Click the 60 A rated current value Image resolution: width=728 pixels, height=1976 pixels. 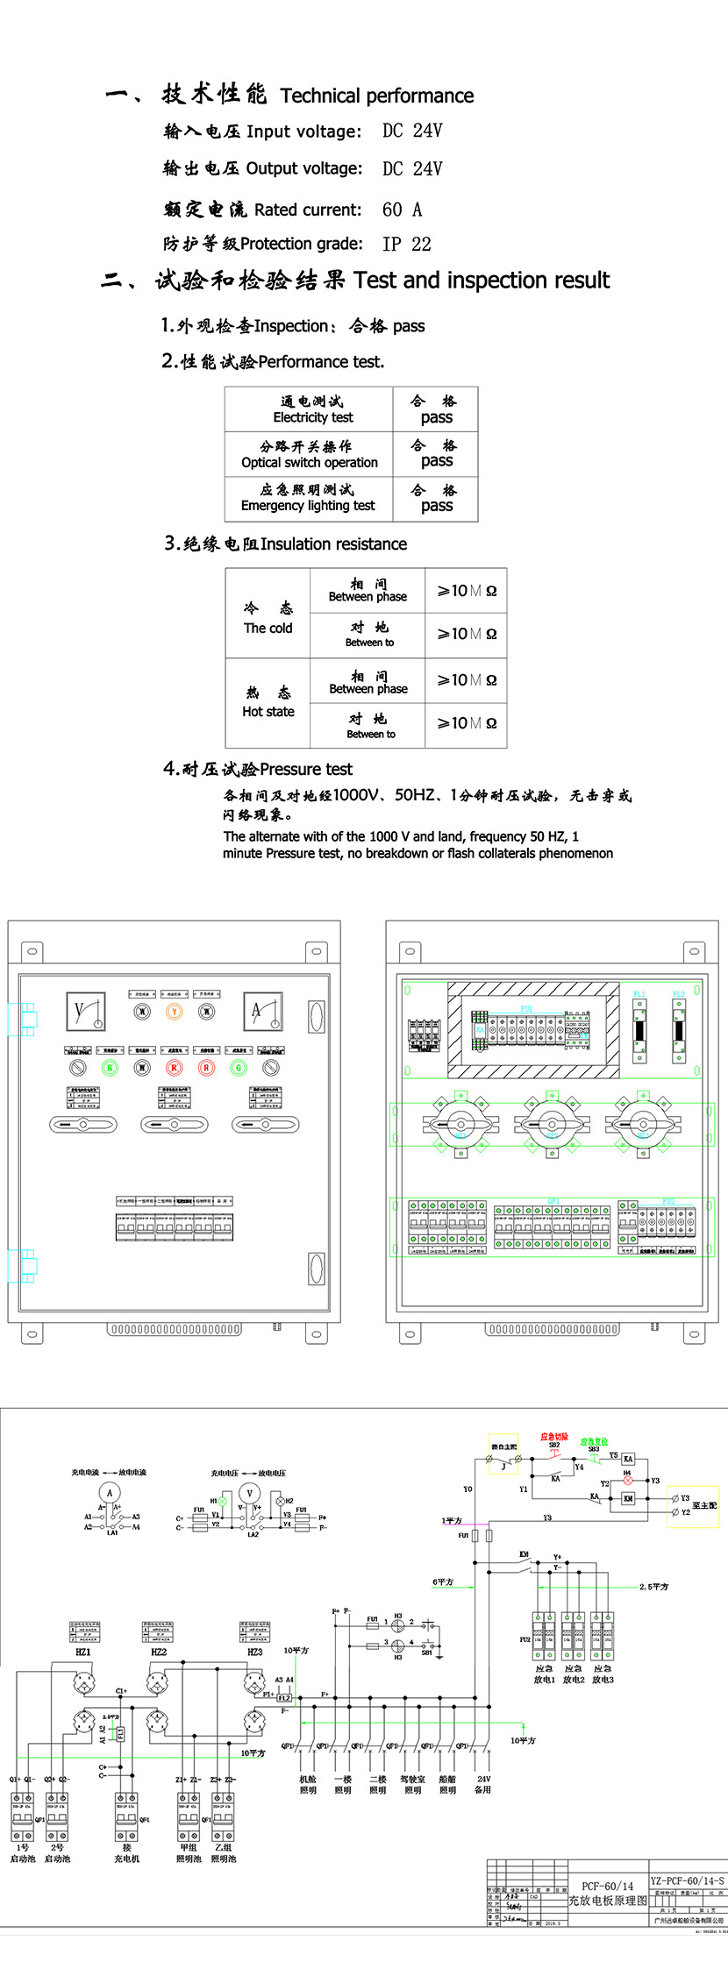[402, 210]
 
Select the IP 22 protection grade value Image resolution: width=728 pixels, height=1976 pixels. [407, 245]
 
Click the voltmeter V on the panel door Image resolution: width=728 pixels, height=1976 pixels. [86, 1012]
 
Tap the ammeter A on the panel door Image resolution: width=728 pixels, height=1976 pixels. [263, 1012]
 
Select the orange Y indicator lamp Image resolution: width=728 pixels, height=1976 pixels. [174, 1012]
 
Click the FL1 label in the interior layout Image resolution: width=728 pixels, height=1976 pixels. [639, 994]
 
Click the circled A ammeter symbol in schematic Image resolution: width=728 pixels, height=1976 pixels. [110, 1493]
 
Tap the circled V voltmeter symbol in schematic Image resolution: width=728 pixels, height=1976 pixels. [250, 1493]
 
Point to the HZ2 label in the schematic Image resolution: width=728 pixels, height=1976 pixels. [159, 1652]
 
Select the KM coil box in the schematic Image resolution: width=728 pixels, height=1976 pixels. [628, 1499]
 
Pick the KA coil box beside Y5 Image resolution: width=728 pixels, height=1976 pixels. [628, 1460]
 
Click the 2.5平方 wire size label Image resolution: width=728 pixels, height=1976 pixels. [653, 1587]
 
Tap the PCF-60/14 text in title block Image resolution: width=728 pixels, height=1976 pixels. [607, 1886]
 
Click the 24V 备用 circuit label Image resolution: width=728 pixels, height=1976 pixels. [483, 1785]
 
